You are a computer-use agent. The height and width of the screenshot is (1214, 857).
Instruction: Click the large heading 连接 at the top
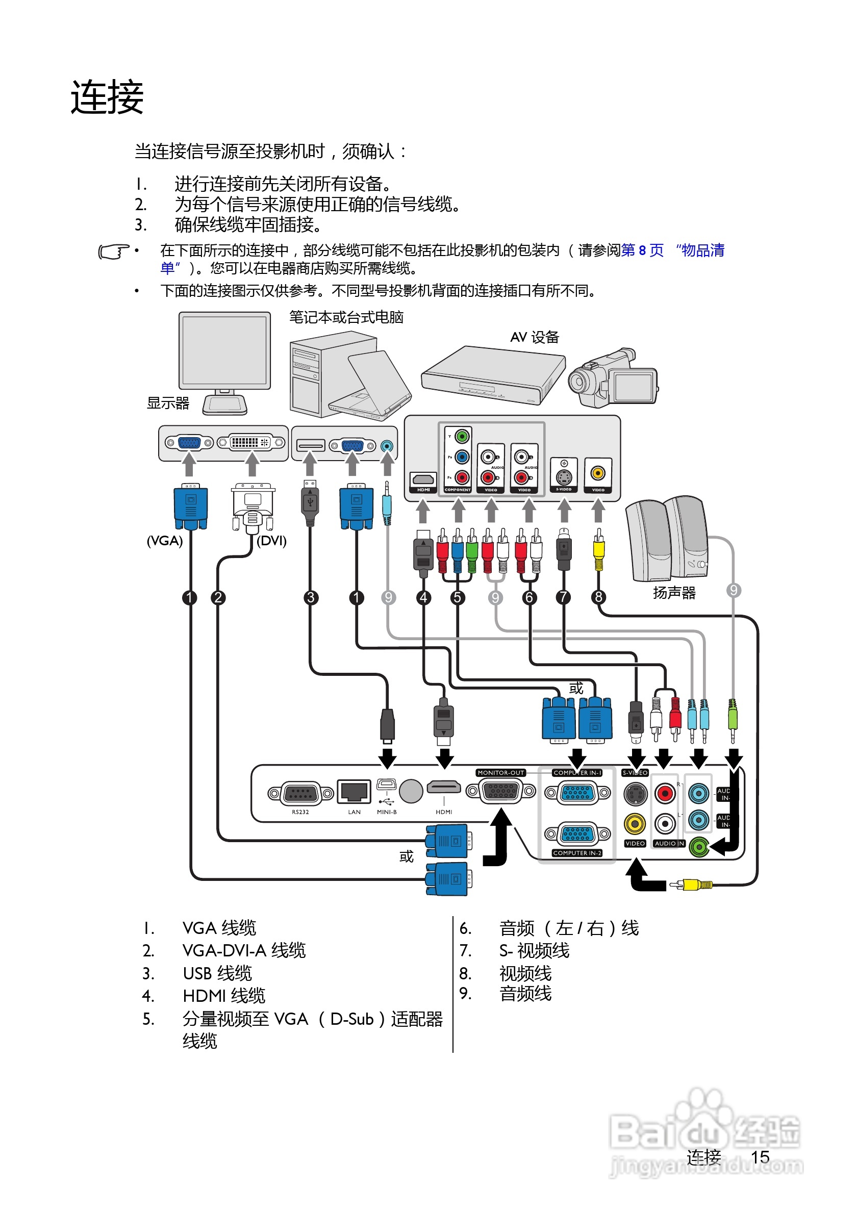point(107,97)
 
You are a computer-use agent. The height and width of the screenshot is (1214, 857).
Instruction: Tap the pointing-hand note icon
point(113,251)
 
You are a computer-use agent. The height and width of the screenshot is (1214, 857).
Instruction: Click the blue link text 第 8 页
point(642,250)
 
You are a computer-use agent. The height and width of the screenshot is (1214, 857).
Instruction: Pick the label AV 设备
point(535,337)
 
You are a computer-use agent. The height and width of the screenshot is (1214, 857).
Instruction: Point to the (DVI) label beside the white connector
point(271,541)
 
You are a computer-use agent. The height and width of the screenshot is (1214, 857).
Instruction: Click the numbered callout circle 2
point(218,597)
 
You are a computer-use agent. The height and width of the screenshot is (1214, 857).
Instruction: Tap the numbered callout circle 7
point(564,597)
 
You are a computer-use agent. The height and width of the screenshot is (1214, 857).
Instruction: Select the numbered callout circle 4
point(423,597)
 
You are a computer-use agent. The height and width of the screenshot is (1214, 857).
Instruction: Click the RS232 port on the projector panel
point(300,794)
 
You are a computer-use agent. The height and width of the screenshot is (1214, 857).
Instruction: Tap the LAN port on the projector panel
point(354,792)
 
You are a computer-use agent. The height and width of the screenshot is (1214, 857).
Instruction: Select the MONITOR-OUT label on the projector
point(500,773)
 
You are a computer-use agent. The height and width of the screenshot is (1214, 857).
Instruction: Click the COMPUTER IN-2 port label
point(577,853)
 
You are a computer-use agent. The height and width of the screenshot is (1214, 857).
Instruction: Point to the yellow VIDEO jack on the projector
point(635,824)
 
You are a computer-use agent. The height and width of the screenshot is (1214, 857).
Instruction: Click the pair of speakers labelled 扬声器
point(668,539)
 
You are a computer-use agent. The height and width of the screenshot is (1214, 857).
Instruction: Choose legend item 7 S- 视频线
point(534,951)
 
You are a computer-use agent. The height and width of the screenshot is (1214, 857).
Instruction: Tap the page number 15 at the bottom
point(760,1157)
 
